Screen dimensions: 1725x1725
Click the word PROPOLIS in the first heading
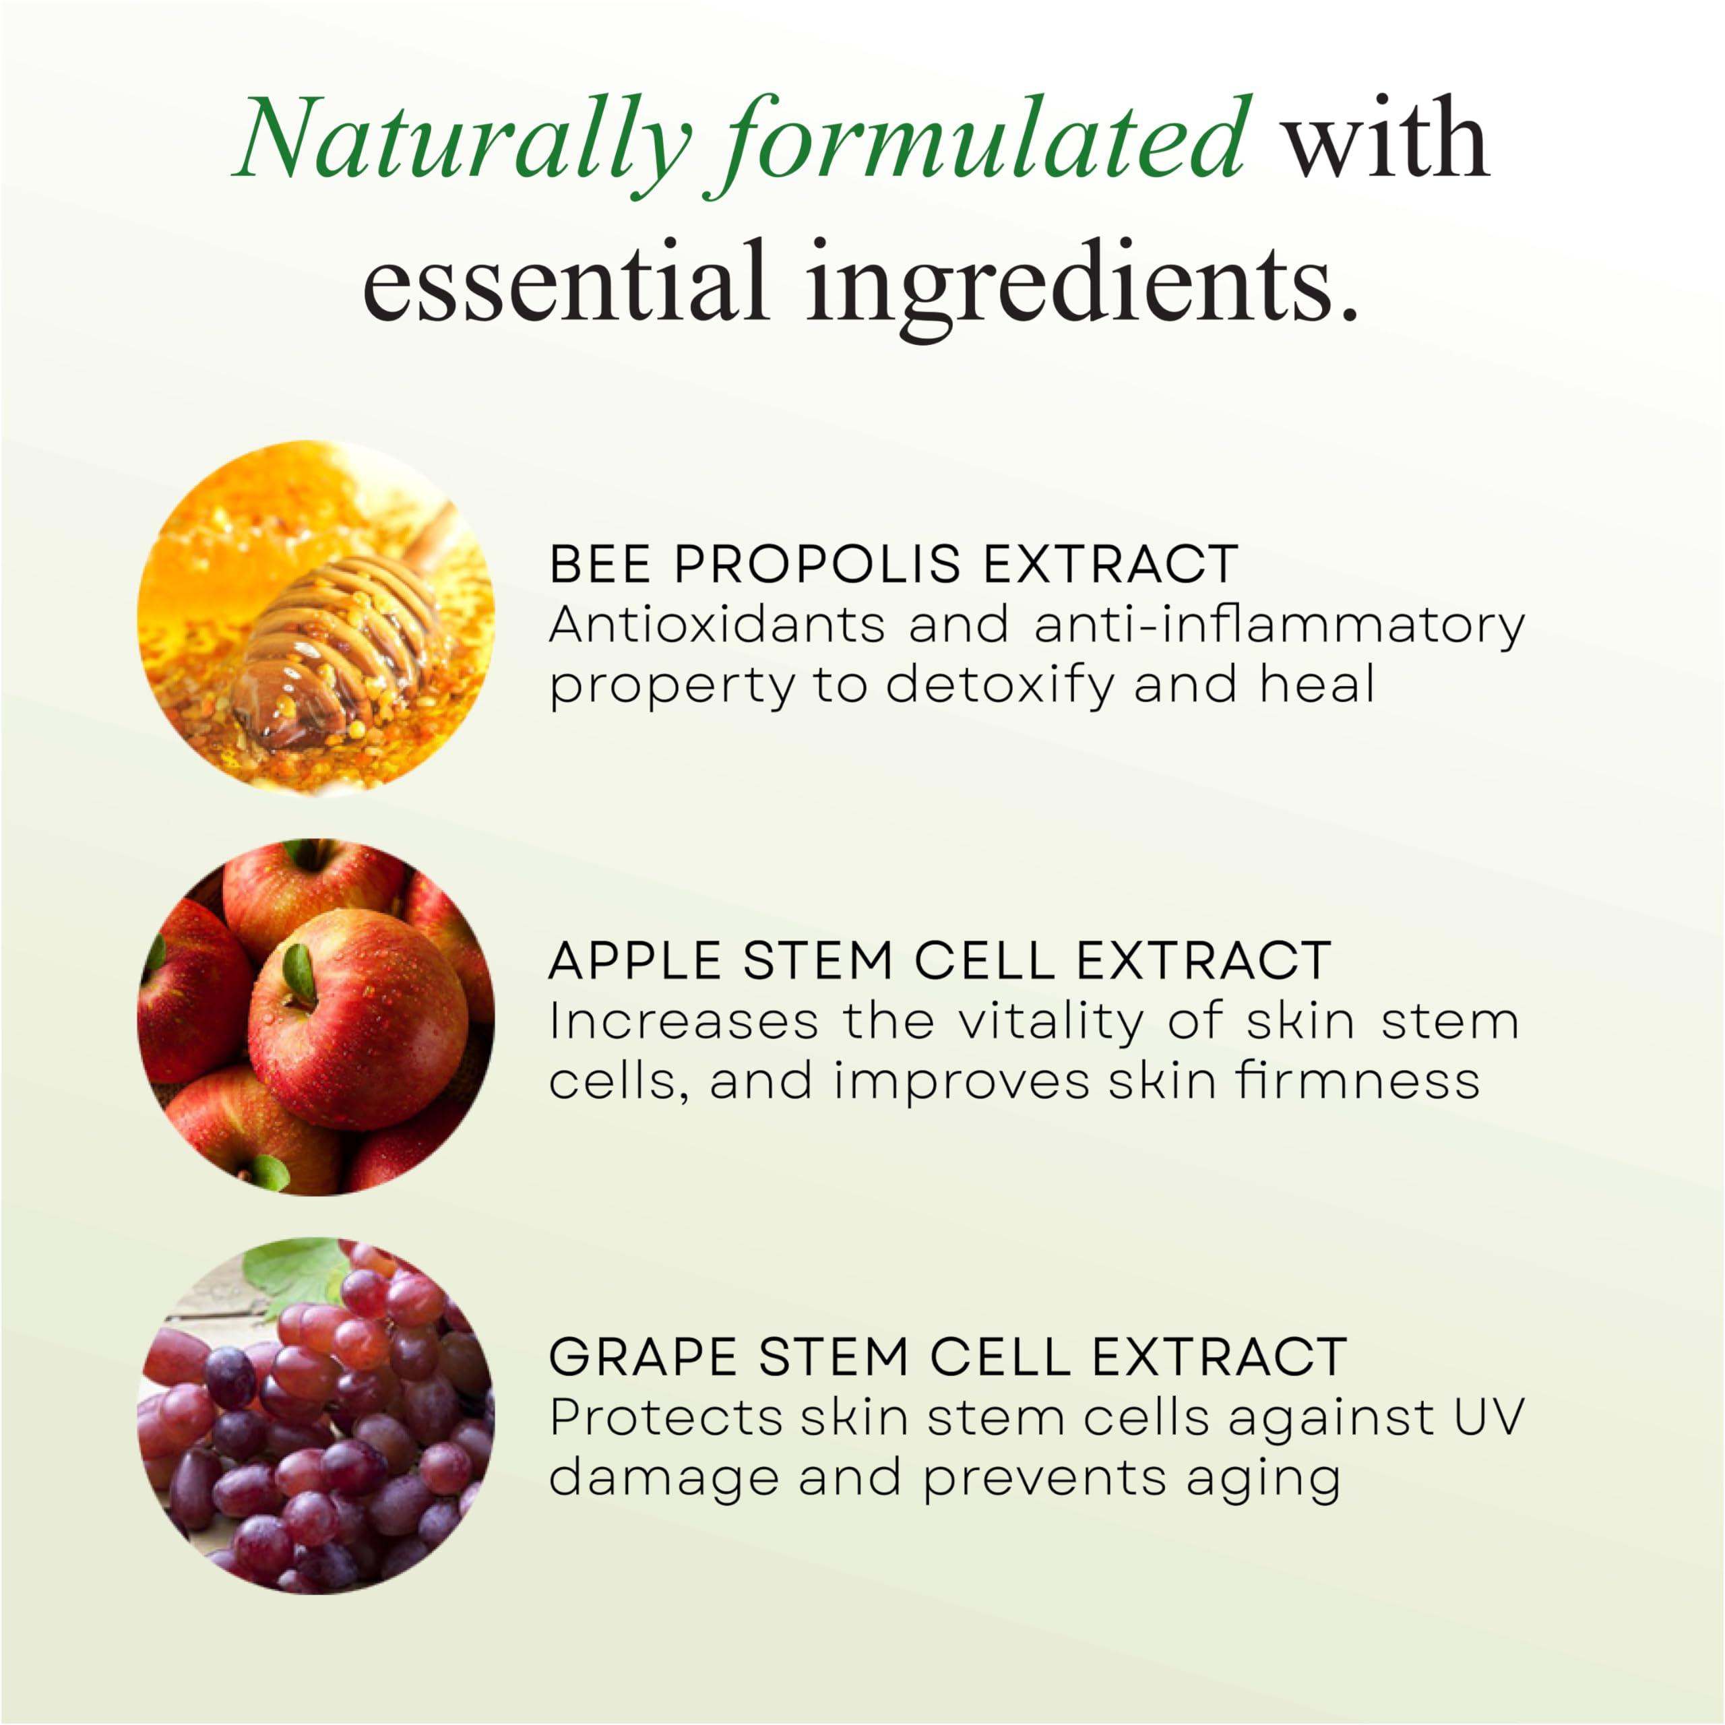point(817,564)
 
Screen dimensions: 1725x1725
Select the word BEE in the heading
point(600,564)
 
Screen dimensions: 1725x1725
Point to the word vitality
point(1050,1022)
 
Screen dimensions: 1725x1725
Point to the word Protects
point(665,1417)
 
